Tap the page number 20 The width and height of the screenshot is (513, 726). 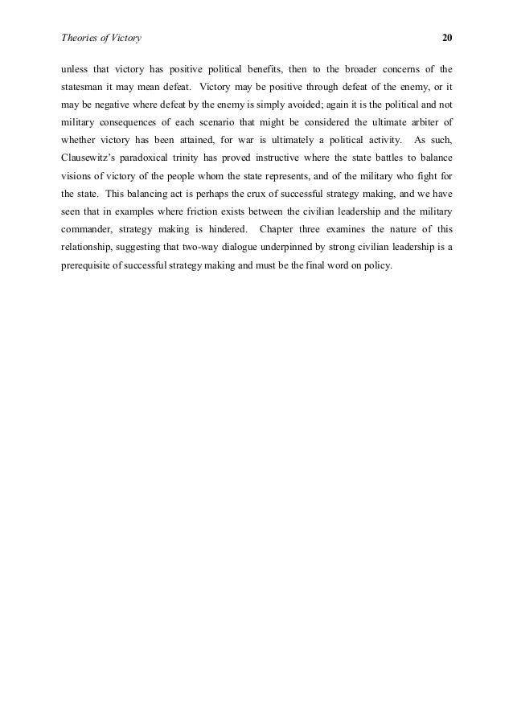[448, 38]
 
